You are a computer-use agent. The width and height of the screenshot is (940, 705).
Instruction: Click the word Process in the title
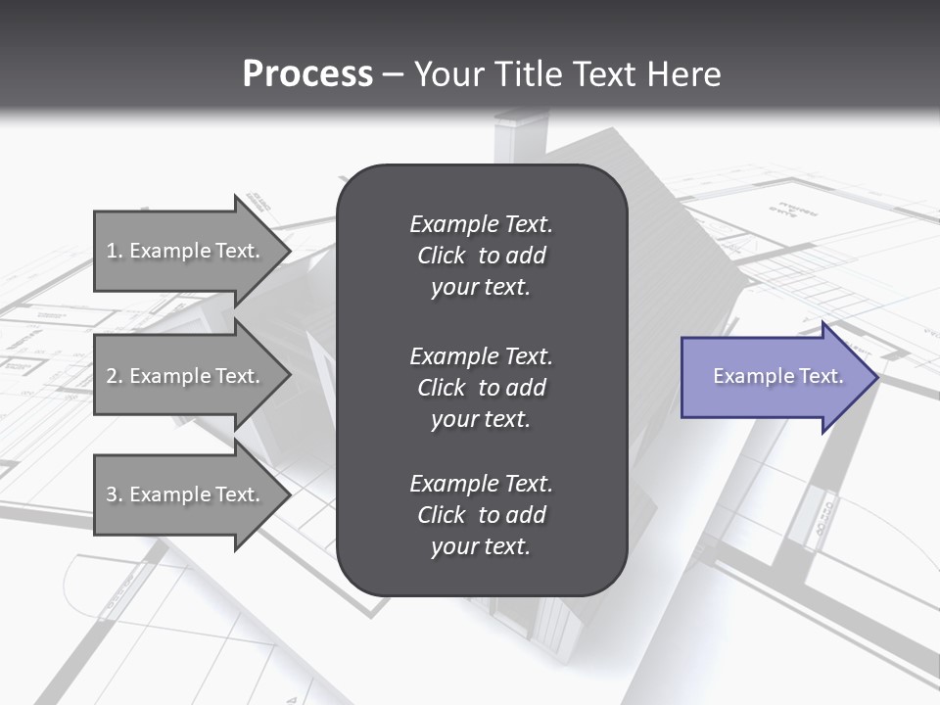tap(307, 74)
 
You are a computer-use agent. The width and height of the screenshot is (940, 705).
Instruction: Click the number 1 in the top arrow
tap(112, 251)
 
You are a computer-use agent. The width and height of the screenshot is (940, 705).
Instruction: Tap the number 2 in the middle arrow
tap(112, 376)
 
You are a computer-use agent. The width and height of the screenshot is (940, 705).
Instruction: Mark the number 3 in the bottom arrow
tap(112, 494)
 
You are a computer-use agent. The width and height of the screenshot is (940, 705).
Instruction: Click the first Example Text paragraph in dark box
tap(481, 256)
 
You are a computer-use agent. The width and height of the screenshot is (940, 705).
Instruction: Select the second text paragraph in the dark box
tap(481, 387)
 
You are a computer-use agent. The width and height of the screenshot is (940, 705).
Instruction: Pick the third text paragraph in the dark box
tap(481, 515)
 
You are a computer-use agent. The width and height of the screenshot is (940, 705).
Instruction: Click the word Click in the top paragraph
tap(441, 256)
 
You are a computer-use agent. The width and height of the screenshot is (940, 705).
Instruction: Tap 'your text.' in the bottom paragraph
tap(481, 547)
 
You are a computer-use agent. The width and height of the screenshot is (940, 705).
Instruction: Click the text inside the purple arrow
tap(778, 376)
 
